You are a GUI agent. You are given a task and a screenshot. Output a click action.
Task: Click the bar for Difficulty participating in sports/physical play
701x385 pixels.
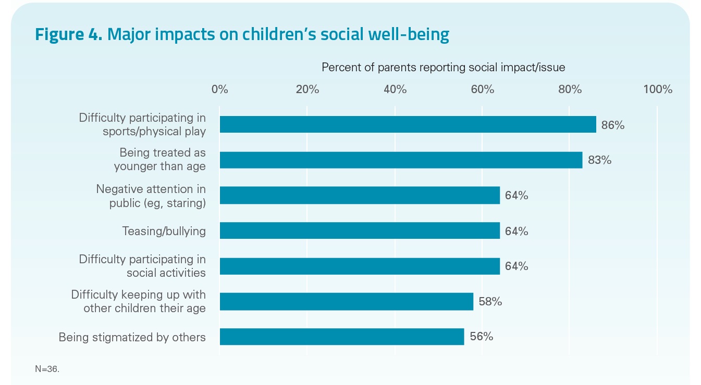coord(408,124)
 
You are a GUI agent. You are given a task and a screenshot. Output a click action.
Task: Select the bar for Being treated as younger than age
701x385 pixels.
coord(401,160)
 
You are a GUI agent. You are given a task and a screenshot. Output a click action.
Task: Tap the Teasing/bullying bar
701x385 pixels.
coord(360,230)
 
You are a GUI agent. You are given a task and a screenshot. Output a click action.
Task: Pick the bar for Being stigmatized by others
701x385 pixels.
coord(341,337)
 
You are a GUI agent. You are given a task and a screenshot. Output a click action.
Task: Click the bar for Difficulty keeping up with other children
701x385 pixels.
coord(346,301)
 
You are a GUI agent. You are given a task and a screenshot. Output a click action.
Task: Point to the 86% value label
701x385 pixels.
coord(613,125)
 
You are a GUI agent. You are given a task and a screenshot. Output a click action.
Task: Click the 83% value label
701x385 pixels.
coord(599,160)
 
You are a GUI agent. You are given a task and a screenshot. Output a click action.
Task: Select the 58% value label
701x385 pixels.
coord(490,301)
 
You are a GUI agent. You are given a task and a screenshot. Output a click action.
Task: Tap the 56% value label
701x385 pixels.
coord(481,337)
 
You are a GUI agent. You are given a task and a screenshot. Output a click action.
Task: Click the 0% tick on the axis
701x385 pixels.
coord(220,89)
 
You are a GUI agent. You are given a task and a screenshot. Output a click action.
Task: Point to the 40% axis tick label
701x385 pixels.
coord(395,89)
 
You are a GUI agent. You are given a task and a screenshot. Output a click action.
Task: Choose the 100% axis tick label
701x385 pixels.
coord(658,89)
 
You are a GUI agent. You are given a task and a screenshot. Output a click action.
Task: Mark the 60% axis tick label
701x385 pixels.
coord(483,89)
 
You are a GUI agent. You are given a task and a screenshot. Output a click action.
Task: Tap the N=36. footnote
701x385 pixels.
coord(47,369)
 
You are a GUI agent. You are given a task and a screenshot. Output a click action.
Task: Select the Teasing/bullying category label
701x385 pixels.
coord(164,231)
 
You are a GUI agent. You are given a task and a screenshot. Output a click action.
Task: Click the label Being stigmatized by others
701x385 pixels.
coord(132,337)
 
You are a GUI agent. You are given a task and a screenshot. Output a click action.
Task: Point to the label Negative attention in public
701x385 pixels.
coord(151,196)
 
